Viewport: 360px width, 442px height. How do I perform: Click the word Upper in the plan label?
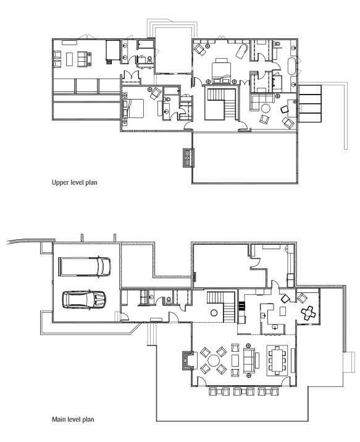pos(61,182)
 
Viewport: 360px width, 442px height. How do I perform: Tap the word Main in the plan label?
pos(59,419)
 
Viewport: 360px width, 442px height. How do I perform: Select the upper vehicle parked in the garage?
pos(85,266)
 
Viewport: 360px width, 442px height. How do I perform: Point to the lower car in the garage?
pos(84,299)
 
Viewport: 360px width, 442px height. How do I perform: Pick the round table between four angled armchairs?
pos(214,360)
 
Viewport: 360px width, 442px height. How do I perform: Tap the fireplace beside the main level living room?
pos(188,360)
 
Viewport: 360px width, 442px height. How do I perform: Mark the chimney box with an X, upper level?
pos(188,158)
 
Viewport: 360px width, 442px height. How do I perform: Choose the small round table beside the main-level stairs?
pos(214,313)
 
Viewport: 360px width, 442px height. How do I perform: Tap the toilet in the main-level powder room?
pos(169,300)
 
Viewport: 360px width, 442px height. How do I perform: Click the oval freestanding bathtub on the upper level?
pos(291,67)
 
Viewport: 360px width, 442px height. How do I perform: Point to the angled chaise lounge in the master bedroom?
pos(242,51)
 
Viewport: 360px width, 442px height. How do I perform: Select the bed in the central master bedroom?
pos(221,72)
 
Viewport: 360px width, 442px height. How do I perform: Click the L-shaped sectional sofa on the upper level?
pos(261,101)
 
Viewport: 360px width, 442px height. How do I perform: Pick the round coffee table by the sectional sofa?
pos(266,108)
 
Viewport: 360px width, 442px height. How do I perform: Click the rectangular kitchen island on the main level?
pos(283,312)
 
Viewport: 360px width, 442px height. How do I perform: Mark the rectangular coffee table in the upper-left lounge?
pos(69,59)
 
